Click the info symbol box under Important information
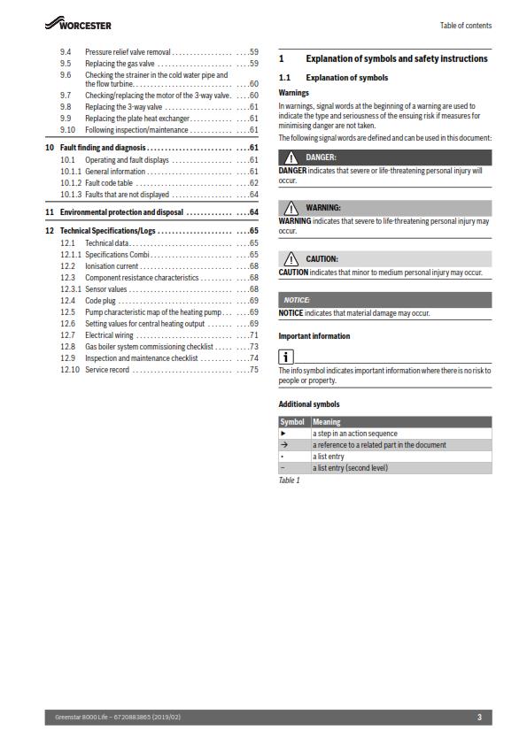(x=286, y=357)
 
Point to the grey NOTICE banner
(x=384, y=300)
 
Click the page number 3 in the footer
(x=479, y=717)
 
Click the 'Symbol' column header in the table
(x=292, y=422)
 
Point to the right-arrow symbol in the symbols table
(x=284, y=445)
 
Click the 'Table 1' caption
(x=289, y=480)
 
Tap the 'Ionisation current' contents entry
(x=112, y=265)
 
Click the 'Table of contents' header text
(x=465, y=26)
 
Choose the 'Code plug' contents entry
(x=102, y=300)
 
